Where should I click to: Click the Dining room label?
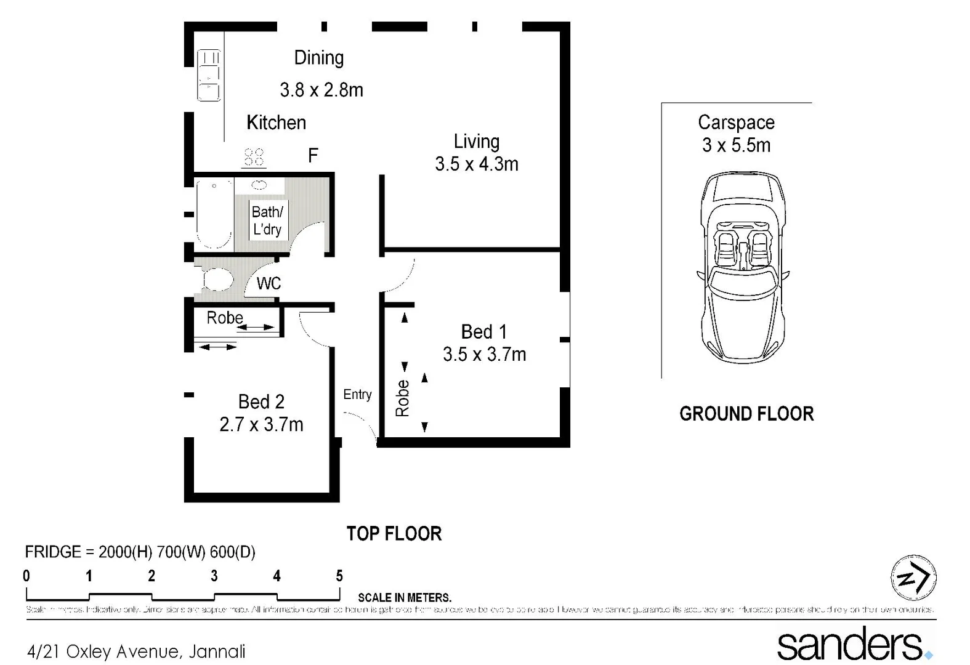[318, 58]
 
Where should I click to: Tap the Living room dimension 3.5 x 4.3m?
[476, 164]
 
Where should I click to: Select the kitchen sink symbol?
[208, 76]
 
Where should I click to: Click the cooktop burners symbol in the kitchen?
[254, 157]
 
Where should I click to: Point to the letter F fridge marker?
[313, 156]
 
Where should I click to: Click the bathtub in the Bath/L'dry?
[214, 213]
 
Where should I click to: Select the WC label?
[269, 284]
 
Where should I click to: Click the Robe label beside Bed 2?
[224, 318]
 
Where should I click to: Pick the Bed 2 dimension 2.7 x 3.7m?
[261, 425]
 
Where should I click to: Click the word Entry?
[357, 395]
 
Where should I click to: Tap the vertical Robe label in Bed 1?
[402, 398]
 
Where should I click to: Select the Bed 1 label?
[483, 332]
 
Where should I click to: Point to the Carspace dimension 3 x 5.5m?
[736, 145]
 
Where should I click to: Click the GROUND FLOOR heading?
[746, 414]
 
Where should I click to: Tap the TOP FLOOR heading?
[394, 534]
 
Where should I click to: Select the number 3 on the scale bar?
[214, 576]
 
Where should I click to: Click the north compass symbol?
[913, 578]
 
